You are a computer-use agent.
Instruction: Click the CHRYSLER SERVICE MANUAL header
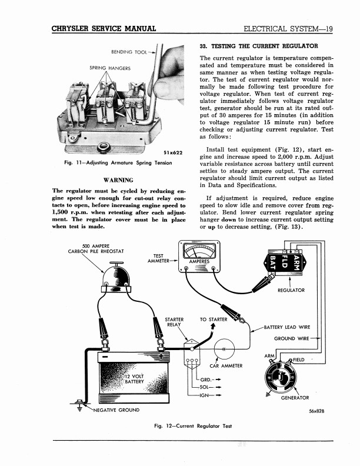pos(104,29)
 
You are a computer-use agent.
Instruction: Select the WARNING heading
pos(118,179)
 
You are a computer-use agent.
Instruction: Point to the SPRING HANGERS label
pos(110,68)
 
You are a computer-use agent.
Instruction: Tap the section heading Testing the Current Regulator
pos(259,46)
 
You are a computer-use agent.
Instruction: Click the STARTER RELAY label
pos(174,322)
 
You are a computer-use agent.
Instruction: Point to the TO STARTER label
pos(214,319)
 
